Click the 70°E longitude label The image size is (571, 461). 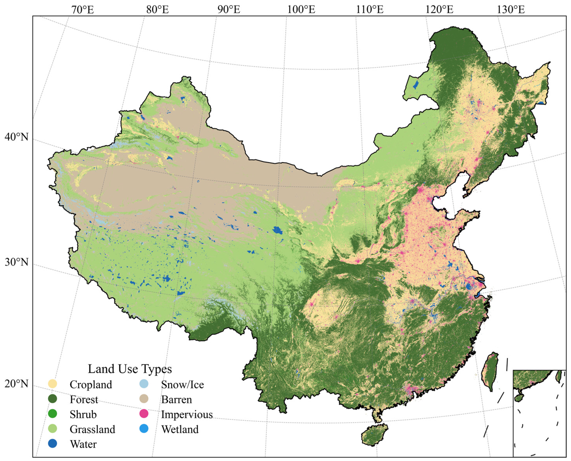point(83,10)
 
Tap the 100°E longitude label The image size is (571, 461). point(302,10)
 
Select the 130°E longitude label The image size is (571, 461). point(511,10)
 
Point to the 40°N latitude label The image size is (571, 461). point(16,137)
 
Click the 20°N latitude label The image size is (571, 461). point(16,383)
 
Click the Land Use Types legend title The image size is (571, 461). point(130,369)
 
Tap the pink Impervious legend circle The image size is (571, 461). point(144,414)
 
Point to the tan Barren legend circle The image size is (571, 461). point(144,399)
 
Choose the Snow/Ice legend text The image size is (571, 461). point(182,384)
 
